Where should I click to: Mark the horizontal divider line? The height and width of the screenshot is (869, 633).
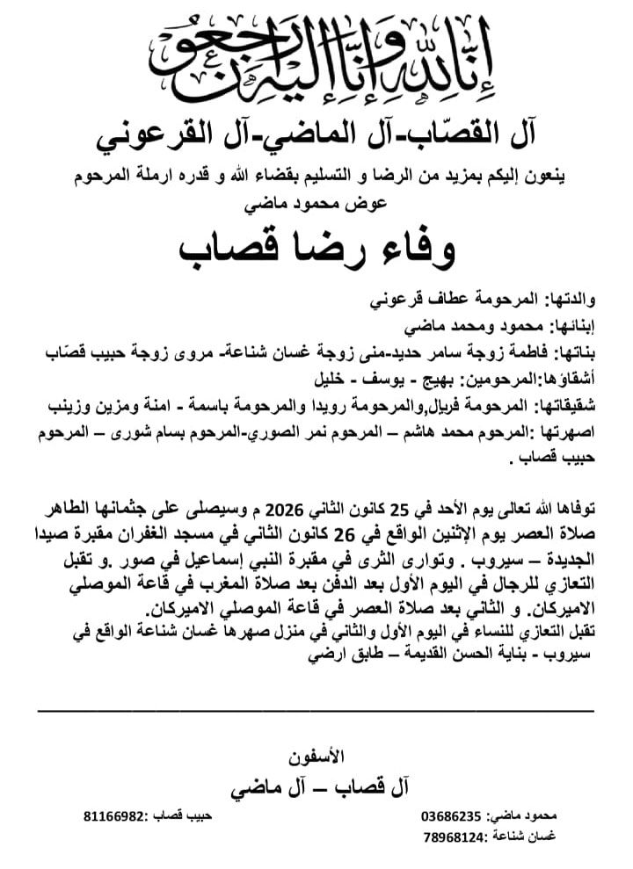316,708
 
